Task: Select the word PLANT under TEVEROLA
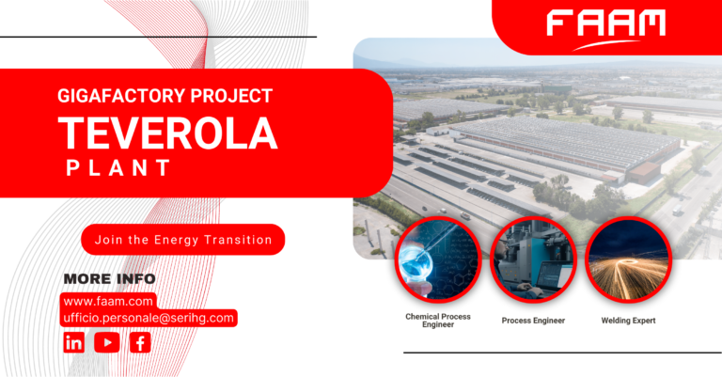(118, 168)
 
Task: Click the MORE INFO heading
(109, 278)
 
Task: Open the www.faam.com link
(108, 302)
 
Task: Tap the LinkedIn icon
(74, 343)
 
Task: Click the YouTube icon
(107, 343)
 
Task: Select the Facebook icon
(140, 343)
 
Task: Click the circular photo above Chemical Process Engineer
(436, 258)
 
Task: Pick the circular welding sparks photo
(628, 258)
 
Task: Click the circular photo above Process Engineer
(533, 258)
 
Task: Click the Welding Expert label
(628, 320)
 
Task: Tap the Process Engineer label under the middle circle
(533, 320)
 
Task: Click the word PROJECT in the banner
(241, 96)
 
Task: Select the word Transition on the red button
(240, 240)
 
